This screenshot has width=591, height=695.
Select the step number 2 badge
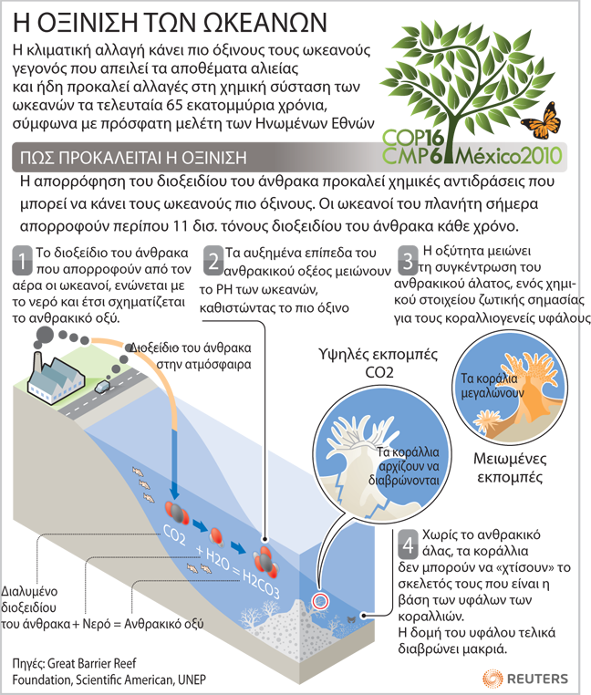pos(213,261)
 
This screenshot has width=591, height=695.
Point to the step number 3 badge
pos(408,260)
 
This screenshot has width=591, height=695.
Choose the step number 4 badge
pos(408,545)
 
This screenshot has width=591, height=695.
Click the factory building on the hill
pos(55,379)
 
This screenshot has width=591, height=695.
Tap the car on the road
pos(102,387)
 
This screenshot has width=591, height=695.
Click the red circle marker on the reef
pos(320,601)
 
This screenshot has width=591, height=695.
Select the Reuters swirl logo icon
pos(493,679)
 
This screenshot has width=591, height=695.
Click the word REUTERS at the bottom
pos(537,679)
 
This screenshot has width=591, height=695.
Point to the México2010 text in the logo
pos(509,156)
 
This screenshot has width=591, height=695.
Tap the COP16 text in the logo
pos(413,138)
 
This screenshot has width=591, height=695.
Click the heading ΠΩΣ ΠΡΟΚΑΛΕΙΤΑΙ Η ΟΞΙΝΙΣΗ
pos(133,158)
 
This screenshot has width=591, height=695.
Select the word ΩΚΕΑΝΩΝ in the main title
pos(264,22)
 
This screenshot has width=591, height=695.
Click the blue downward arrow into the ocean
pos(175,464)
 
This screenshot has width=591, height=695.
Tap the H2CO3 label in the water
pos(261,585)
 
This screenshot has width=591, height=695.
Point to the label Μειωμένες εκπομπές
pos(510,468)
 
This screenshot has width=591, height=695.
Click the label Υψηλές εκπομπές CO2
pos(378,363)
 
